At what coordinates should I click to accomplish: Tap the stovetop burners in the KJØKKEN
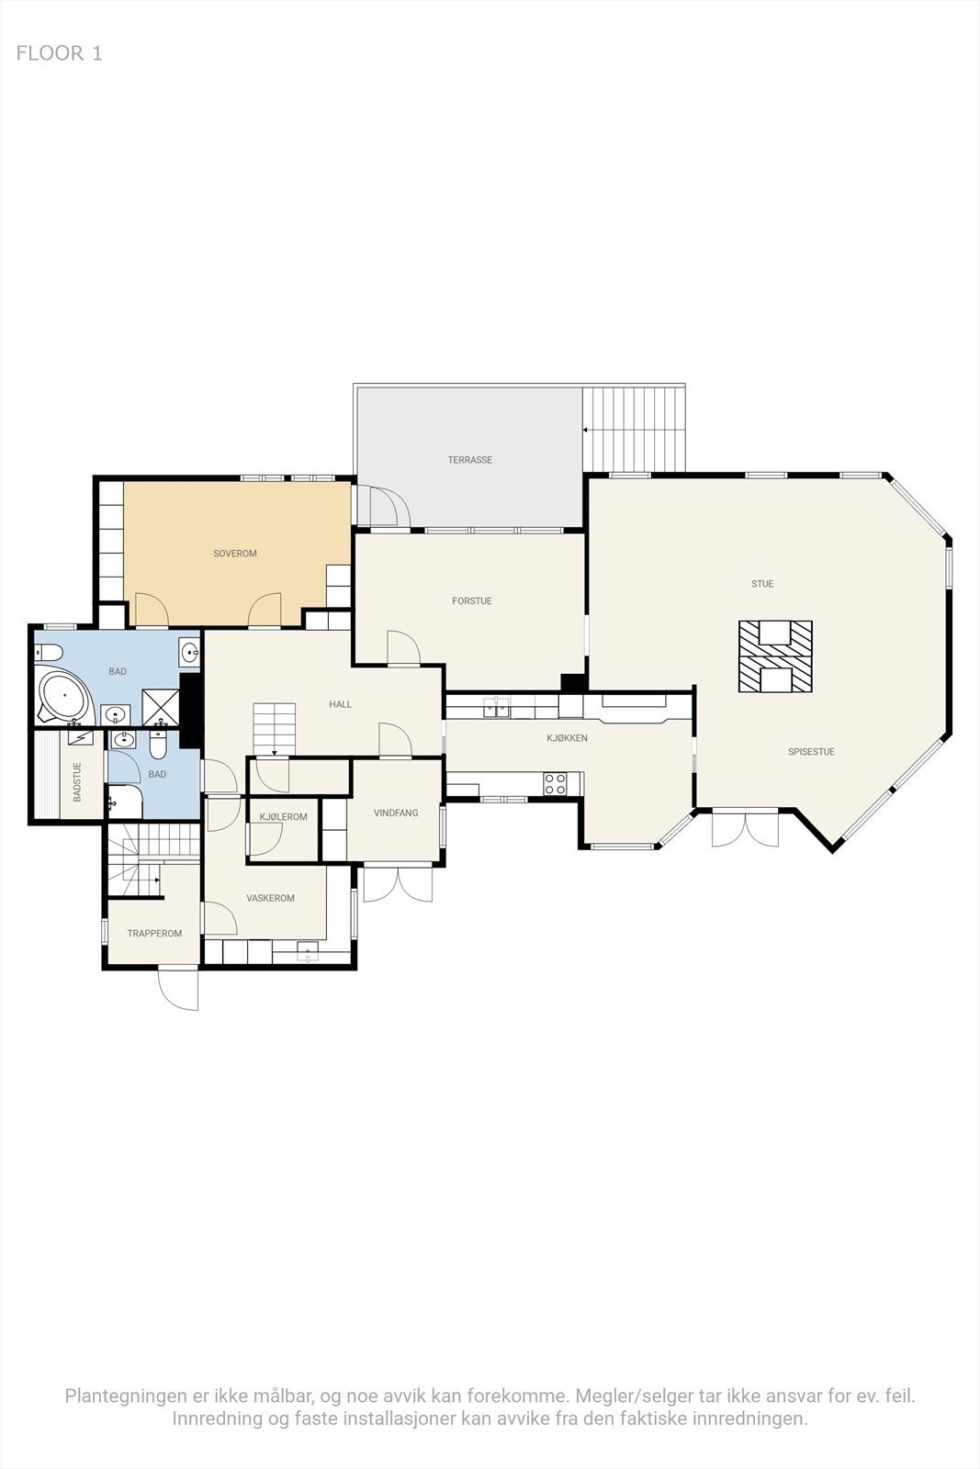(556, 783)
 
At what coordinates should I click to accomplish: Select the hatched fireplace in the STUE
(776, 656)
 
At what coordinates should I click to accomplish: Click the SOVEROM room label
(235, 554)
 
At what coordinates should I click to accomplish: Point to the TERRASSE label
(470, 460)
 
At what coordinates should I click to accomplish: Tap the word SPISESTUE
(811, 752)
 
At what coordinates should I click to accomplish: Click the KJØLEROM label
(284, 817)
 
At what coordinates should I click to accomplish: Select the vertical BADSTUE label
(77, 782)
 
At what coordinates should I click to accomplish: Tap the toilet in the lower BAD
(158, 747)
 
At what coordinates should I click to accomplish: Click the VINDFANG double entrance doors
(398, 882)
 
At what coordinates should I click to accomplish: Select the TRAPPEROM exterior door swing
(179, 989)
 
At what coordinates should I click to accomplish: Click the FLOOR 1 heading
(60, 53)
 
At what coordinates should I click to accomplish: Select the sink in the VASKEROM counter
(307, 950)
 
